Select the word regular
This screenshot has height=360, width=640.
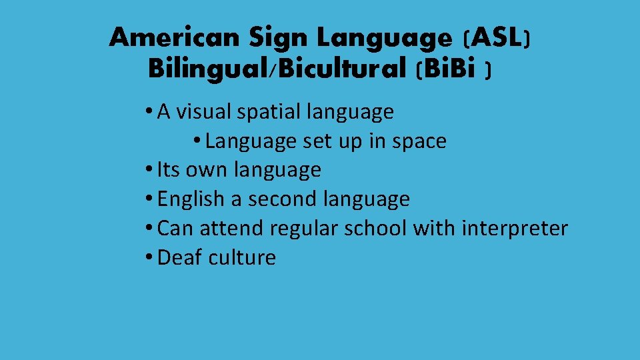tap(305, 229)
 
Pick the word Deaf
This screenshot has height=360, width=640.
tap(179, 257)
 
